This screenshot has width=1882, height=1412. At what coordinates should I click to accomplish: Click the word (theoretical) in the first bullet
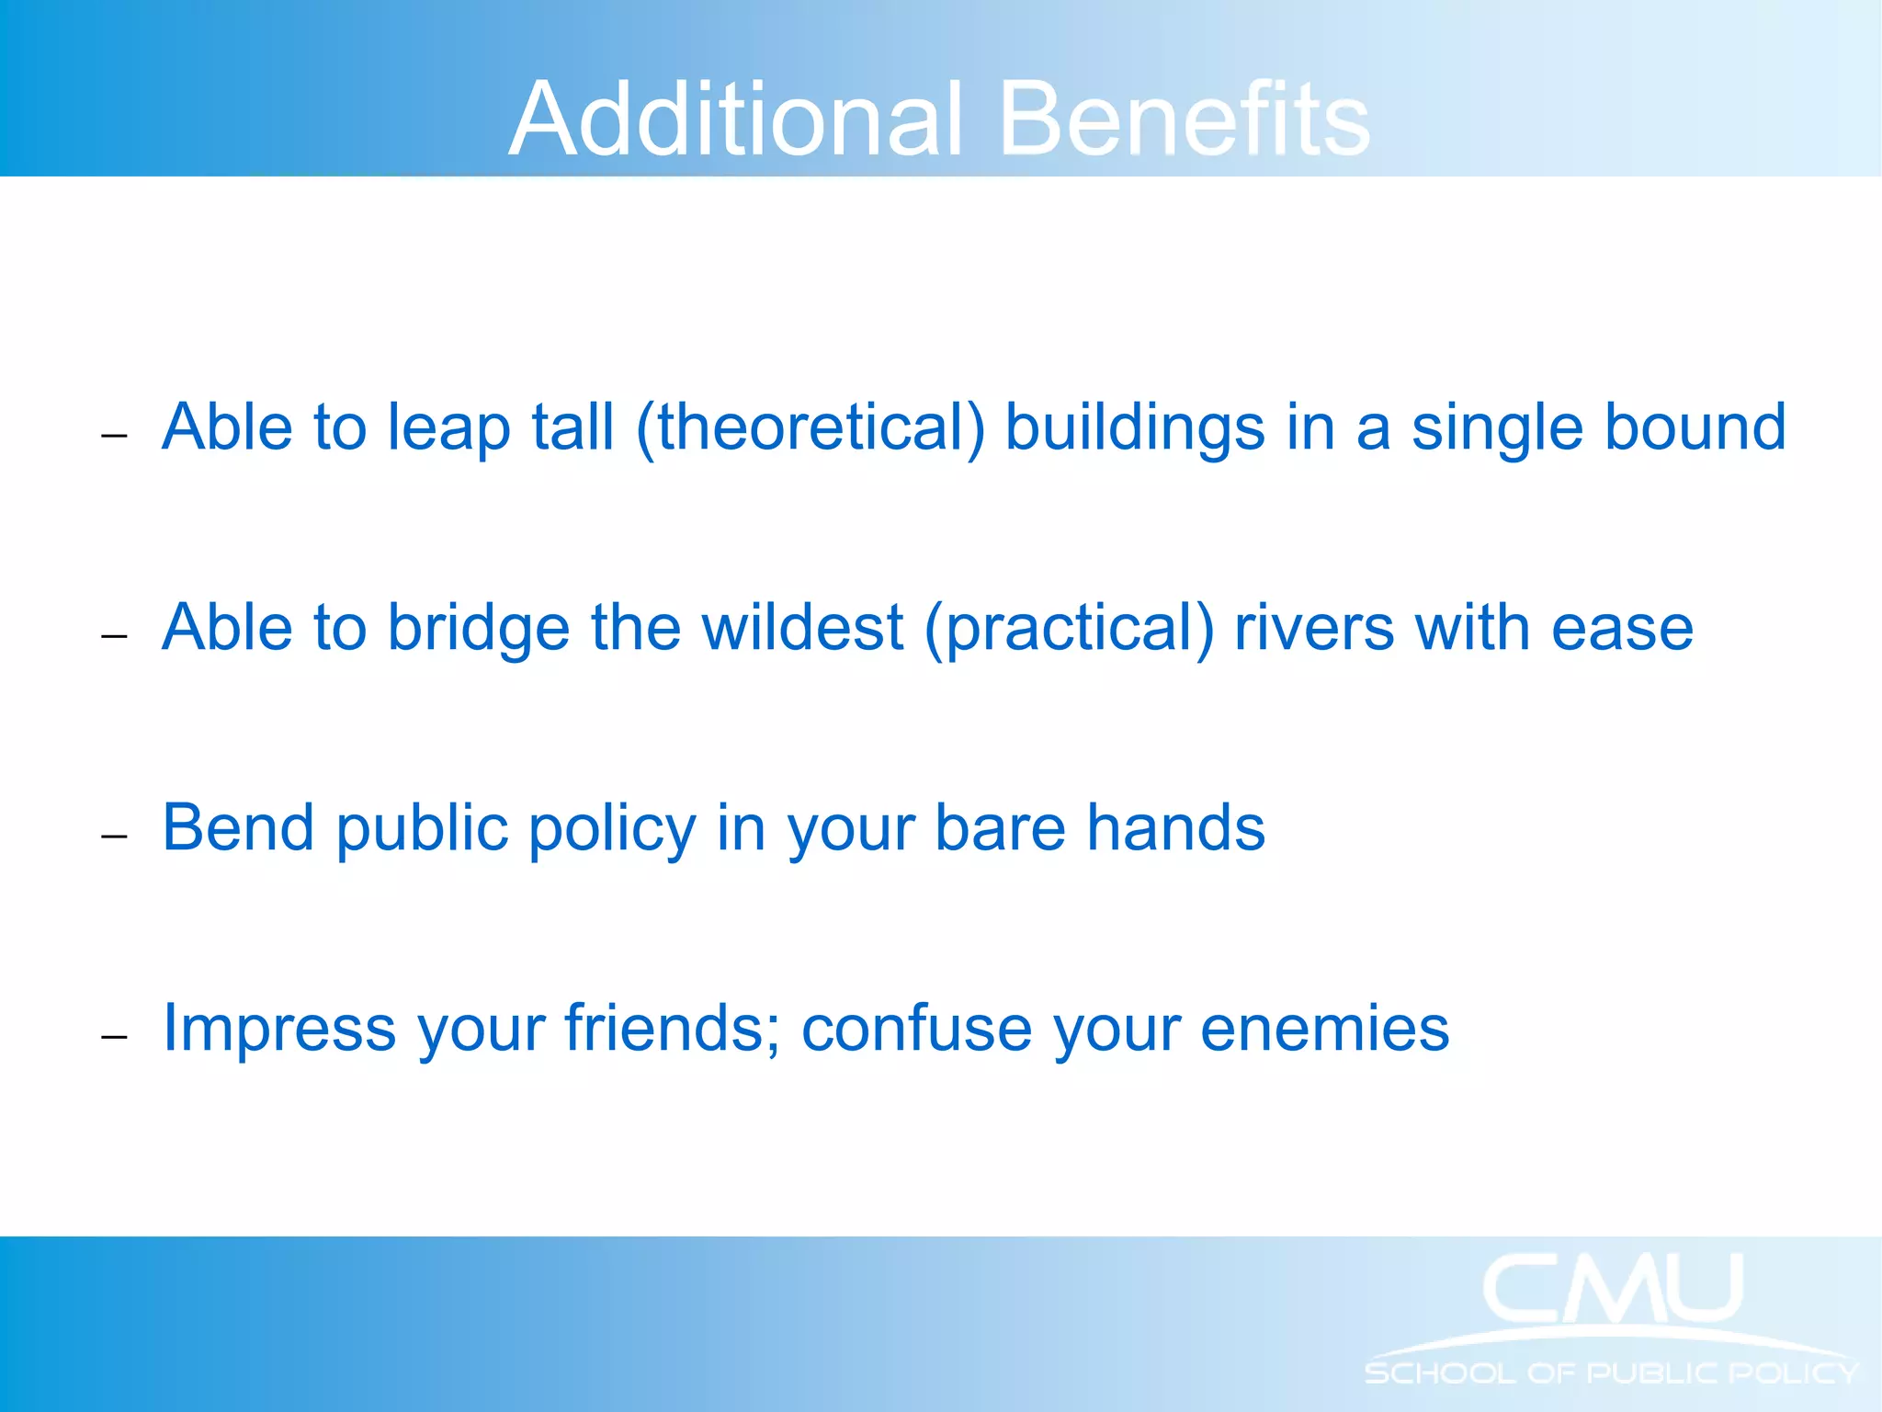810,428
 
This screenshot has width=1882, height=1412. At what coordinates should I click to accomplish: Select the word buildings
1135,428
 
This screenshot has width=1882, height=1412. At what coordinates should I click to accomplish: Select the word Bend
238,828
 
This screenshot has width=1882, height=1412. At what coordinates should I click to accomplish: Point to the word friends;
673,1028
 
